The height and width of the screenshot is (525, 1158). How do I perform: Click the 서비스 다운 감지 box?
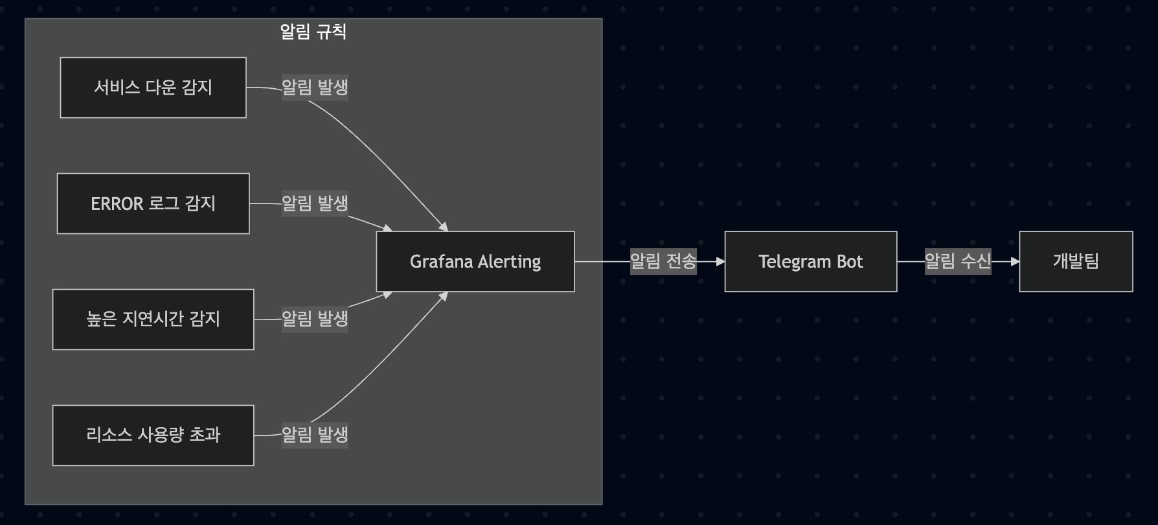click(x=153, y=87)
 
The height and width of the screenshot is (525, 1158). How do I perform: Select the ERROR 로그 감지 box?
click(x=153, y=204)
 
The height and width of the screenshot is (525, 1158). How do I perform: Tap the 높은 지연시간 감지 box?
click(x=153, y=320)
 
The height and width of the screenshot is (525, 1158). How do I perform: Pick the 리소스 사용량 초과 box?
click(x=153, y=435)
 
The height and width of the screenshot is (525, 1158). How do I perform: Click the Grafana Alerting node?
click(x=475, y=261)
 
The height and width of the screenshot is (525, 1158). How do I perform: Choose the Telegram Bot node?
click(x=810, y=261)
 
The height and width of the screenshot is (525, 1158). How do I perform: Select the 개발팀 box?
click(x=1076, y=261)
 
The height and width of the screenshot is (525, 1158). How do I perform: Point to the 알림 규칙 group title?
click(x=313, y=32)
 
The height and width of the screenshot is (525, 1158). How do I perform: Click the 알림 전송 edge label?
click(x=663, y=261)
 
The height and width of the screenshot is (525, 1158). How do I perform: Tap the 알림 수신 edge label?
click(x=957, y=261)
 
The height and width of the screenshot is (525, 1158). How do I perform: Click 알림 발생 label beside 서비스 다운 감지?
click(x=315, y=87)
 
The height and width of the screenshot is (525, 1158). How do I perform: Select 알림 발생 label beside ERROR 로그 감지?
click(x=315, y=204)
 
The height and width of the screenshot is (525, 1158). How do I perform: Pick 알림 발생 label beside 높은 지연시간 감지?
click(x=315, y=319)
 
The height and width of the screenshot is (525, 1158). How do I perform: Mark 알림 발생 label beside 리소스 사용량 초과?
click(x=315, y=434)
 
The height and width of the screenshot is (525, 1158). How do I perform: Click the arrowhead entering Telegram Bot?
click(x=720, y=261)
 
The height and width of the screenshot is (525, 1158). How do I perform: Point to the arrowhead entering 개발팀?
click(x=1015, y=261)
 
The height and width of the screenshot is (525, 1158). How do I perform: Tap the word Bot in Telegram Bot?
click(x=850, y=261)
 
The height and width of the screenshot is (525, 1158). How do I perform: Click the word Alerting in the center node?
click(x=510, y=262)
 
